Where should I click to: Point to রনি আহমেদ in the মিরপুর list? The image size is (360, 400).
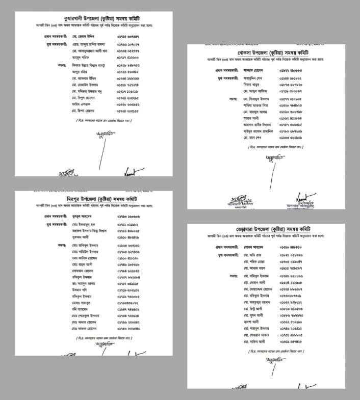coord(80,309)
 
